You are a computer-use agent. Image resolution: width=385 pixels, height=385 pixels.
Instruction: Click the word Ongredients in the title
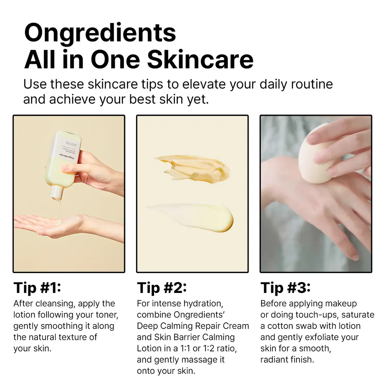tap(100, 33)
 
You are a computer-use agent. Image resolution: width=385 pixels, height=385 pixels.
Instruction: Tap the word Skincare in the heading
tap(200, 59)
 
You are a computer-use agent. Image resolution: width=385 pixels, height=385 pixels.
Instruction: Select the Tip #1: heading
tap(37, 288)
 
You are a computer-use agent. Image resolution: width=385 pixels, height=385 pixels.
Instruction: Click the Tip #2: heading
tap(162, 288)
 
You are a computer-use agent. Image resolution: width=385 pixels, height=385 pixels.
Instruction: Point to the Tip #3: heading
tap(285, 288)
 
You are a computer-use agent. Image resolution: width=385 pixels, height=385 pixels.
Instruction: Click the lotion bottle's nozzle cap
tap(56, 191)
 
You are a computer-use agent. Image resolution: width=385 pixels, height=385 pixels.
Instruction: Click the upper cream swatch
tap(192, 169)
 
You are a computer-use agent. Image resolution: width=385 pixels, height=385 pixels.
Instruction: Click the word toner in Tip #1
tap(105, 315)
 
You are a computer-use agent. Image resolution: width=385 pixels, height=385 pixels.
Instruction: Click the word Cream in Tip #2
tap(236, 326)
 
